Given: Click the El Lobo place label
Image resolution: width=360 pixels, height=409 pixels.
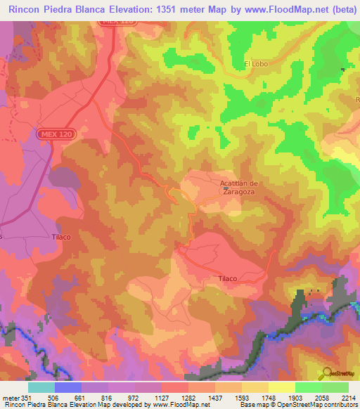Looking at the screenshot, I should tap(256, 64).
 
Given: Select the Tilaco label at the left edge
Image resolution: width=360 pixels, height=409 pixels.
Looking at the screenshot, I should tap(61, 237).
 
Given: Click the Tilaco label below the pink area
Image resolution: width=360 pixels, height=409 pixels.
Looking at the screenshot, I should tap(227, 278).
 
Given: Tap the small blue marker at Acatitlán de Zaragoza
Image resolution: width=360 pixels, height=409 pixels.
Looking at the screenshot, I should tap(225, 188).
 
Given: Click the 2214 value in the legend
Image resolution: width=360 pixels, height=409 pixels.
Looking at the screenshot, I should tap(349, 398).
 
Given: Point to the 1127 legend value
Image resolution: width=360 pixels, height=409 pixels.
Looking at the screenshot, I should tap(162, 398).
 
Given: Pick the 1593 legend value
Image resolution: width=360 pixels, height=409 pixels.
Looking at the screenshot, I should tap(242, 398).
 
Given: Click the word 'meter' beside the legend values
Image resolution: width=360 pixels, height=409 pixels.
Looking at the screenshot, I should tap(11, 398).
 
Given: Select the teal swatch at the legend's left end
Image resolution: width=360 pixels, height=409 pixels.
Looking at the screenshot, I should tap(41, 387).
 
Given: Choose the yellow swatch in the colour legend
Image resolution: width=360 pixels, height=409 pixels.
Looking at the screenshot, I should tap(282, 387).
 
